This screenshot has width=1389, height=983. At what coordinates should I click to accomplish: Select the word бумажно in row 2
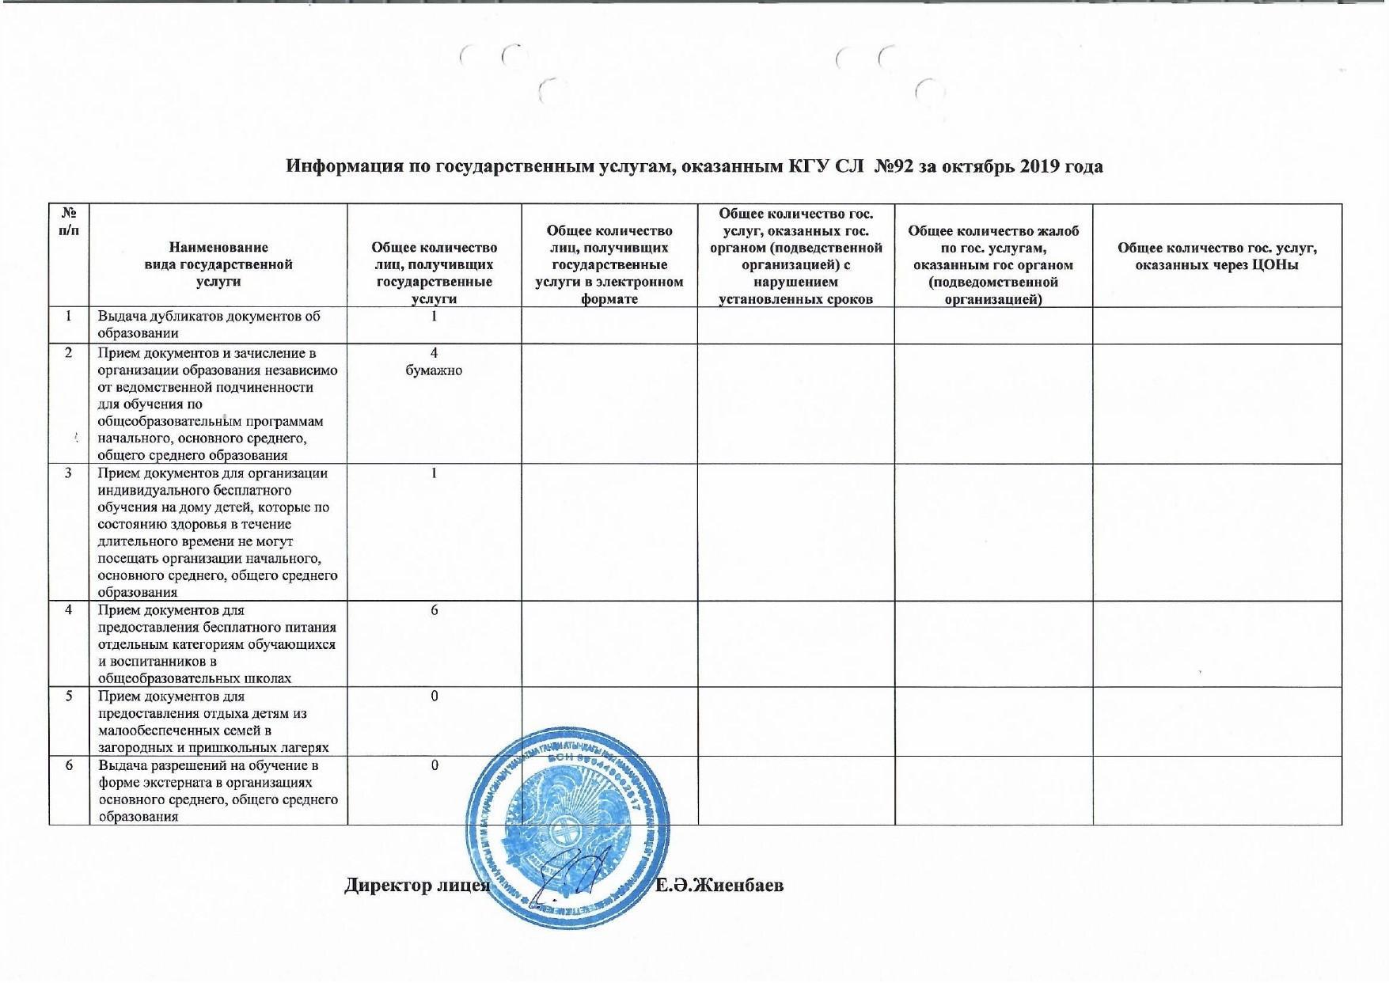point(434,370)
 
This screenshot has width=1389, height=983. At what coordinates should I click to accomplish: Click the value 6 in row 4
point(435,610)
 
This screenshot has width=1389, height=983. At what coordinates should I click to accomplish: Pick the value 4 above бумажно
point(434,353)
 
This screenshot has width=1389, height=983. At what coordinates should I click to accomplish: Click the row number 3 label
point(69,473)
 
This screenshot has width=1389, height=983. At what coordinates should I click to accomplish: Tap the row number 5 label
point(69,696)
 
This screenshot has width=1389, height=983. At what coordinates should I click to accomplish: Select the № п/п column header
point(69,222)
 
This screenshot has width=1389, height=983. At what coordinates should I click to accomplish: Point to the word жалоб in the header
point(1055,230)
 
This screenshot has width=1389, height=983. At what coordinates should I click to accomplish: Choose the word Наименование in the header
point(218,247)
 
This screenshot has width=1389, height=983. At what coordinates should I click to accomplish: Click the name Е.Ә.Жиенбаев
point(720,885)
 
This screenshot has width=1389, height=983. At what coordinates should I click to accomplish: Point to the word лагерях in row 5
point(301,748)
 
